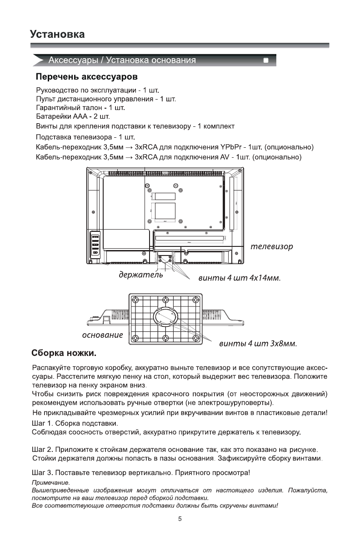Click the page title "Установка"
coord(57,35)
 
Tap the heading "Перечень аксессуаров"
coord(87,75)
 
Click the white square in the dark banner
coord(266,60)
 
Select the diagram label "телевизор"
coord(272,246)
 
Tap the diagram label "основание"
coord(102,336)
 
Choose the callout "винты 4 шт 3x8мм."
coord(258,343)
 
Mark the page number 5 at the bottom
coord(180,518)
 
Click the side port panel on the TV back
coord(96,245)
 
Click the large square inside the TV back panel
coord(165,210)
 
